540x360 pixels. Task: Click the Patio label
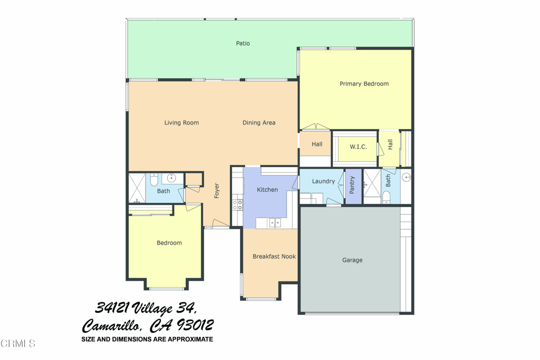point(243,43)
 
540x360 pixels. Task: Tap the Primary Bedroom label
point(364,84)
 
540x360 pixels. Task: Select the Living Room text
point(181,123)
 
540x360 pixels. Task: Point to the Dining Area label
point(259,123)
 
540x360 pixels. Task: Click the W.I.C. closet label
point(358,147)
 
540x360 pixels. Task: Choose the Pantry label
point(352,185)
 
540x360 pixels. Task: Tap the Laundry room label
point(323,181)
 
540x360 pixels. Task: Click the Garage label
point(352,260)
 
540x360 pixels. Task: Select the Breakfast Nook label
point(274,257)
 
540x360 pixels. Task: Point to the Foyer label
point(216,190)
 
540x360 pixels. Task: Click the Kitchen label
point(267,190)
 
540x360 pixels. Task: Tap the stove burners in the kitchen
point(237,204)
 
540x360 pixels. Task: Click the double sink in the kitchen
point(275,223)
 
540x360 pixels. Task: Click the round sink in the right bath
point(407,178)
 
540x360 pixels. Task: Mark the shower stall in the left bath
point(137,188)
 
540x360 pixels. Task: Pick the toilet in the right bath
point(387,197)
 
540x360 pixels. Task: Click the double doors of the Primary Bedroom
point(316,127)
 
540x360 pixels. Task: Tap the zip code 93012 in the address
point(195,325)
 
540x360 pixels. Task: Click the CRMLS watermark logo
point(18,344)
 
